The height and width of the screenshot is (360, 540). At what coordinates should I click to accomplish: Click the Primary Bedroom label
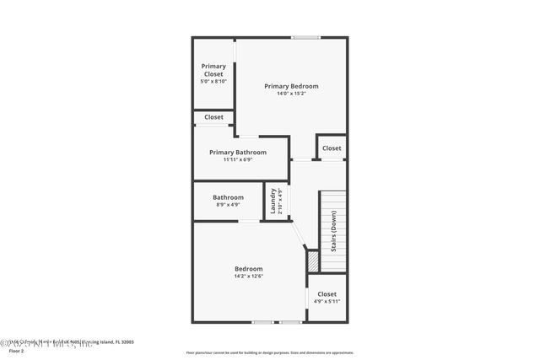click(291, 86)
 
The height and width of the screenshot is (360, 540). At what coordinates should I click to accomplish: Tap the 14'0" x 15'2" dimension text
click(291, 94)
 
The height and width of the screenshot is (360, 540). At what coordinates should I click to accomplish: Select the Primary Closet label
click(213, 70)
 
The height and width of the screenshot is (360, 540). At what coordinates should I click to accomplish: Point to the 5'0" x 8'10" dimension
click(213, 82)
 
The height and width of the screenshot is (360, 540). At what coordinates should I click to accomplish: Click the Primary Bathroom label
click(238, 153)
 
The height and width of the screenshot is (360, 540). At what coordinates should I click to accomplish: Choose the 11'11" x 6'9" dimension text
click(238, 160)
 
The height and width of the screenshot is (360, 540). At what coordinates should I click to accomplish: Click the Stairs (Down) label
click(334, 231)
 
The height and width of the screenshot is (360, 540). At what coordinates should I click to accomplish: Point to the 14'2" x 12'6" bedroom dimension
click(249, 277)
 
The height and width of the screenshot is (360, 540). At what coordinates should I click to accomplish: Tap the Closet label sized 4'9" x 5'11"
click(327, 294)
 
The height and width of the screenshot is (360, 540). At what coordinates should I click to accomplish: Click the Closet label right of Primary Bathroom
click(332, 148)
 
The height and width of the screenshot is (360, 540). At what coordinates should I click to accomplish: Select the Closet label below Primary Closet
click(213, 117)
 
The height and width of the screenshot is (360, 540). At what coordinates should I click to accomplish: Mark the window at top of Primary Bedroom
click(305, 37)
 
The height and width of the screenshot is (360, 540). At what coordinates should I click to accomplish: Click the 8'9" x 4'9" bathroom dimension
click(228, 205)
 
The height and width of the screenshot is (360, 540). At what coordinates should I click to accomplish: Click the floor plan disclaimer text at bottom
click(270, 353)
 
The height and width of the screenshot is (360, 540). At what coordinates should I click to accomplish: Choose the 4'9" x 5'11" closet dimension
click(327, 302)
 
